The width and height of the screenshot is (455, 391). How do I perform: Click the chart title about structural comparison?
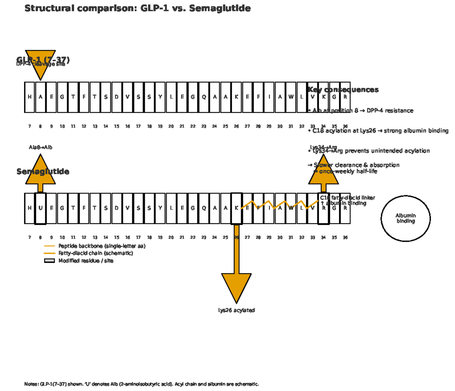pyautogui.click(x=137, y=8)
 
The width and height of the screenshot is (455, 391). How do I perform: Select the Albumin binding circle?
pyautogui.click(x=405, y=218)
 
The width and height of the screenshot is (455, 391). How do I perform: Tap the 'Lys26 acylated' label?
pyautogui.click(x=236, y=310)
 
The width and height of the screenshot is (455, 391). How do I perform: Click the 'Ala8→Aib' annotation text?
pyautogui.click(x=41, y=147)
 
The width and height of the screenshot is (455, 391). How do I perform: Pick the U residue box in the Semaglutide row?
pyautogui.click(x=40, y=208)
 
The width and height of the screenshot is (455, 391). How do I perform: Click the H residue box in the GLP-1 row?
pyautogui.click(x=30, y=97)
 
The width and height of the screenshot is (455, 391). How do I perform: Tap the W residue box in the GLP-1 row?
pyautogui.click(x=291, y=97)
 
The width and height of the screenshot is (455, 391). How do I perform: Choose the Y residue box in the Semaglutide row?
pyautogui.click(x=160, y=208)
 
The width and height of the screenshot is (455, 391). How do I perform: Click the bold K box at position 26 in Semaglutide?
pyautogui.click(x=236, y=208)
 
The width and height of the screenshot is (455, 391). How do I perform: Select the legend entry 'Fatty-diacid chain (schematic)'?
pyautogui.click(x=96, y=253)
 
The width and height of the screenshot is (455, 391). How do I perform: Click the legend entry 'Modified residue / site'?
pyautogui.click(x=86, y=261)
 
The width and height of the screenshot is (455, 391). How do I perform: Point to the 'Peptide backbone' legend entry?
pyautogui.click(x=102, y=246)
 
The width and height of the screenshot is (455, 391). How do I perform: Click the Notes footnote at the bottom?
pyautogui.click(x=141, y=384)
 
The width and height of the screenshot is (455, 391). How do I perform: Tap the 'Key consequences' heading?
pyautogui.click(x=343, y=90)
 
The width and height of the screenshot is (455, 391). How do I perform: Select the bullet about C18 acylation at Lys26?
pyautogui.click(x=378, y=131)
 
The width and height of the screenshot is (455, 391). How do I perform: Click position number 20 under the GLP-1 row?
pyautogui.click(x=171, y=126)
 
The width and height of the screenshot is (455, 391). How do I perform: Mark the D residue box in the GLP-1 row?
pyautogui.click(x=116, y=97)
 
